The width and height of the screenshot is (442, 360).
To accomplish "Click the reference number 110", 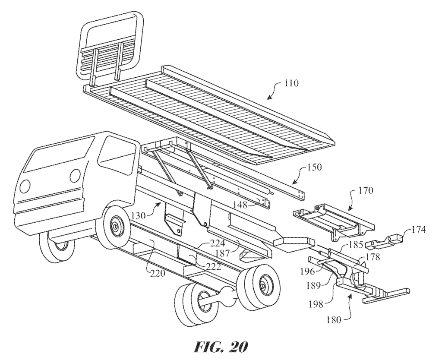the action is [291, 83].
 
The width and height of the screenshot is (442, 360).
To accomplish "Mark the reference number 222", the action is [212, 266].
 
